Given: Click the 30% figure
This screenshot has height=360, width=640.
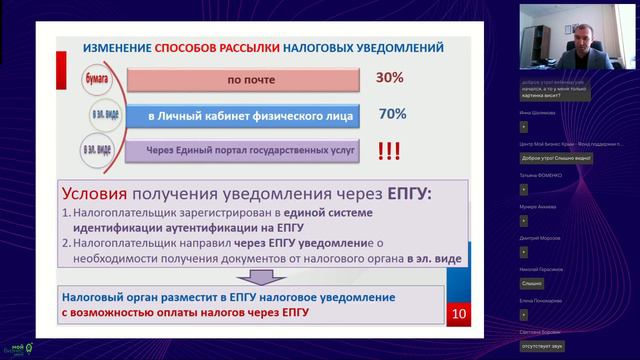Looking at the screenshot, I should (389, 78).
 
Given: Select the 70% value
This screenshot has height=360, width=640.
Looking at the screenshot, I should (390, 114).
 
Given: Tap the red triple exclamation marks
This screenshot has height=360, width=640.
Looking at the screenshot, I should (390, 152).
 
